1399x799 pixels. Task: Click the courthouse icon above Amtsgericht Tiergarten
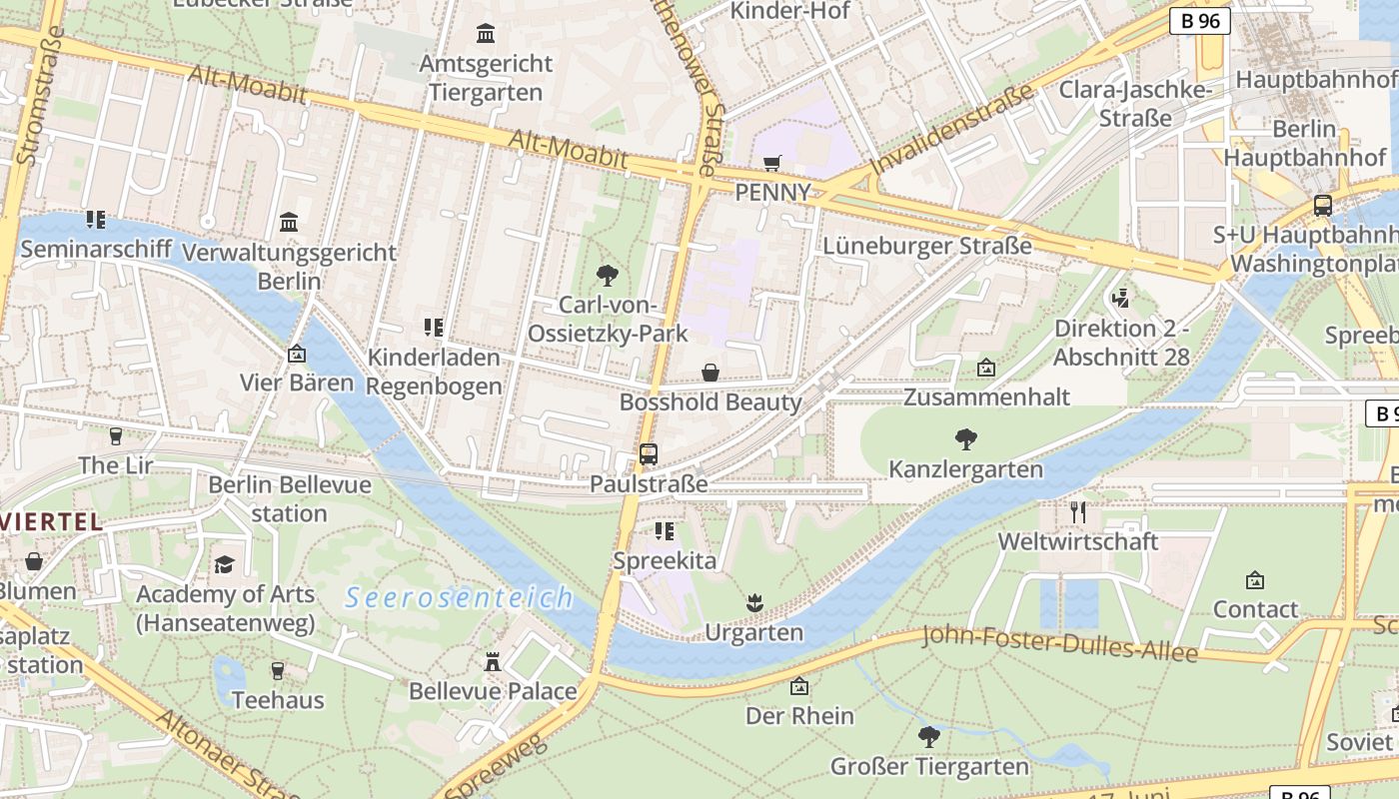pyautogui.click(x=486, y=34)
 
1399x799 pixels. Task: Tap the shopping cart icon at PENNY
pyautogui.click(x=771, y=163)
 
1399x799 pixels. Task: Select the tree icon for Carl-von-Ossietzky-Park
pyautogui.click(x=607, y=276)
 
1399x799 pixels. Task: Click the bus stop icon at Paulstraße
pyautogui.click(x=649, y=454)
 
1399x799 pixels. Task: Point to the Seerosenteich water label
pyautogui.click(x=459, y=598)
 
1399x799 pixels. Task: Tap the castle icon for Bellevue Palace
pyautogui.click(x=493, y=661)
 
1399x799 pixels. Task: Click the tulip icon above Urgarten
pyautogui.click(x=754, y=602)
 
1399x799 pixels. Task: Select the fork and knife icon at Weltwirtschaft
pyautogui.click(x=1077, y=512)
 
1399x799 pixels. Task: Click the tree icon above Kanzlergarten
pyautogui.click(x=965, y=438)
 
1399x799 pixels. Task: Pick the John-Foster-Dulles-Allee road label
pyautogui.click(x=1059, y=643)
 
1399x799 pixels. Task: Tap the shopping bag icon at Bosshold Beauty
pyautogui.click(x=710, y=373)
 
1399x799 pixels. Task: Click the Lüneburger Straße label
pyautogui.click(x=927, y=246)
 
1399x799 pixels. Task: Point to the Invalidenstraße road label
pyautogui.click(x=950, y=131)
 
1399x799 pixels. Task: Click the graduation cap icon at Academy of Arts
pyautogui.click(x=225, y=564)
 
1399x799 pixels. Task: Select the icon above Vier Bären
pyautogui.click(x=296, y=354)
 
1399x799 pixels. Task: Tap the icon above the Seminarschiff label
pyautogui.click(x=95, y=219)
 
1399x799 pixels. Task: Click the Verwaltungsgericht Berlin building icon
pyautogui.click(x=289, y=222)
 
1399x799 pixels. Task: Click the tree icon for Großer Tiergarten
pyautogui.click(x=929, y=737)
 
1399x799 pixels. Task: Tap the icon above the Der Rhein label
pyautogui.click(x=798, y=686)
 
